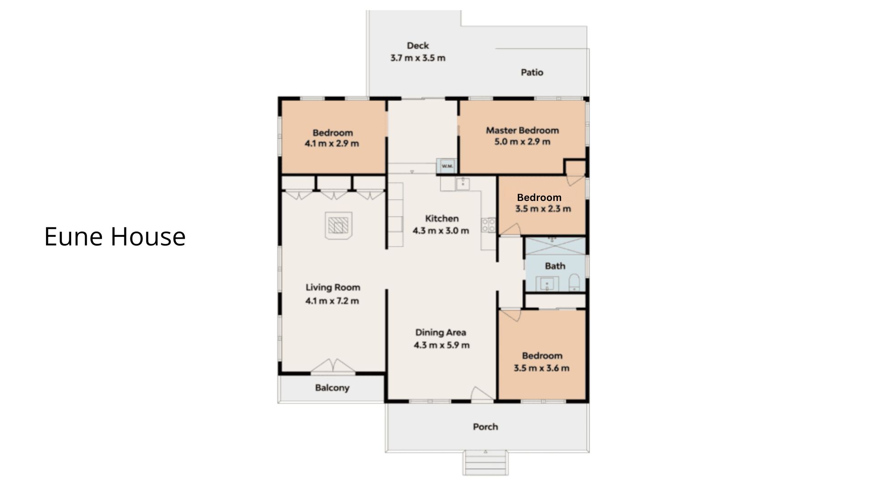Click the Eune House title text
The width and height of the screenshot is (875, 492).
coord(115,236)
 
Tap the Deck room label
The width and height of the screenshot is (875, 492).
coord(418,46)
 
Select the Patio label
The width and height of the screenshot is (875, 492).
coord(532,72)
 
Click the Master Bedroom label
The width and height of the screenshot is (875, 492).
coord(522,130)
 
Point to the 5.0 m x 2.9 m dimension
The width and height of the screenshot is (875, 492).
coord(522,142)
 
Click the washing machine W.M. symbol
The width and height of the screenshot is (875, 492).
coord(447,166)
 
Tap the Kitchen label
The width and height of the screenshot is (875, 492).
coord(442,219)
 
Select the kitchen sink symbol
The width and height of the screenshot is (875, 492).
coord(463,184)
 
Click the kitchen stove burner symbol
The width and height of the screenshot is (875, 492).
coord(489,225)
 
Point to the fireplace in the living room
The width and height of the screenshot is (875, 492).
coord(338,225)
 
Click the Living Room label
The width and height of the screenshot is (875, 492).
coord(333,287)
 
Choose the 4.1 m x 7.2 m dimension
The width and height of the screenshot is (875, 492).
coord(332,301)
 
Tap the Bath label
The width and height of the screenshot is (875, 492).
coord(555,266)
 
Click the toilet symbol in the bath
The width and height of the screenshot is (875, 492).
coord(574,282)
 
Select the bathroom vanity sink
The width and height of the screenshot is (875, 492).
coord(547,283)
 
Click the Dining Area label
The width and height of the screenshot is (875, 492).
coord(441,333)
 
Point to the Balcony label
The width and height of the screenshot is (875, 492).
coord(332,388)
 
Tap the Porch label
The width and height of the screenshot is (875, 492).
coord(485,427)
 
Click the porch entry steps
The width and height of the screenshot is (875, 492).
coord(486,463)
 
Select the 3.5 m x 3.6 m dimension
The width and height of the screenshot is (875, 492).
coord(541,368)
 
